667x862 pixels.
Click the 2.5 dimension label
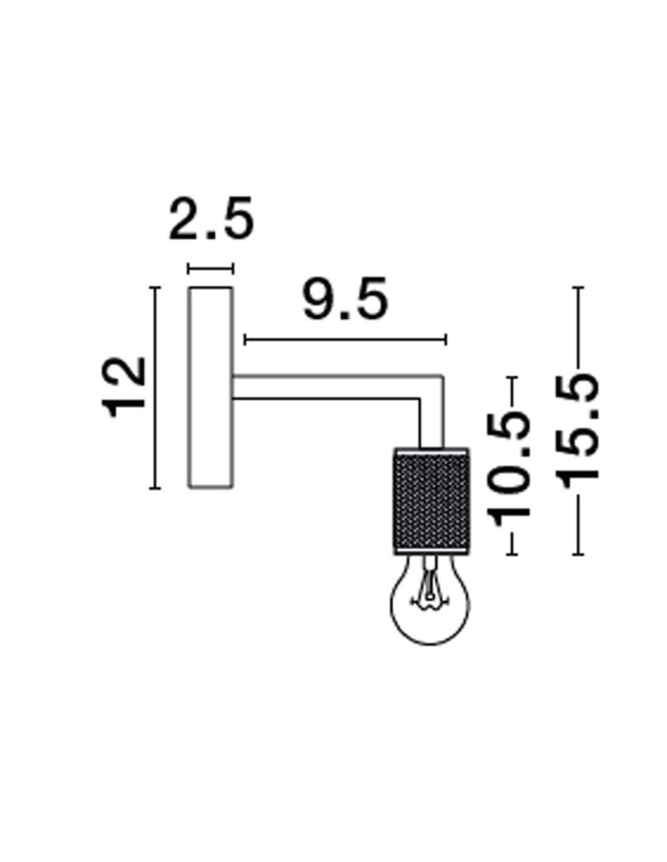pyautogui.click(x=211, y=220)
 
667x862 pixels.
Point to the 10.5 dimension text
pyautogui.click(x=511, y=466)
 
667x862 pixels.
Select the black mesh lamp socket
pyautogui.click(x=428, y=500)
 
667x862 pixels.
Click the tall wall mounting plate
pyautogui.click(x=210, y=388)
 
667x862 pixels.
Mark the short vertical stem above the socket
pyautogui.click(x=430, y=422)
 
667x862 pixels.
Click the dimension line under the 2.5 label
pyautogui.click(x=210, y=269)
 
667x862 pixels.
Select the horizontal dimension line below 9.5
pyautogui.click(x=345, y=339)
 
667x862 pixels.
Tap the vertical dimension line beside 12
pyautogui.click(x=155, y=388)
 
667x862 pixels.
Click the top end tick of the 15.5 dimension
pyautogui.click(x=577, y=287)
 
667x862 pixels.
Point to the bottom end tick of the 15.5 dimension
pyautogui.click(x=577, y=553)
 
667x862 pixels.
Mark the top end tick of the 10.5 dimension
pyautogui.click(x=514, y=378)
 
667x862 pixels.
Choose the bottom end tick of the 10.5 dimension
pyautogui.click(x=514, y=553)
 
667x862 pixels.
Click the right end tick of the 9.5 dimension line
pyautogui.click(x=446, y=339)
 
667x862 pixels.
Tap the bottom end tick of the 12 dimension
pyautogui.click(x=155, y=488)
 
